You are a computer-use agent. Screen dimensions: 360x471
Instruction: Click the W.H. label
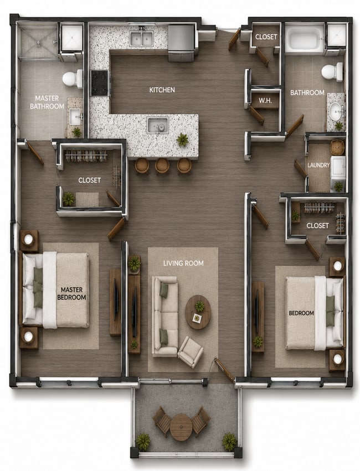click(x=265, y=101)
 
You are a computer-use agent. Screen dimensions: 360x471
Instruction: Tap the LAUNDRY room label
click(x=318, y=165)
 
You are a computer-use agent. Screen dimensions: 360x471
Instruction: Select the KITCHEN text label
click(x=162, y=90)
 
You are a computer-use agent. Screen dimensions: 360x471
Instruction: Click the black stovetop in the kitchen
click(x=100, y=83)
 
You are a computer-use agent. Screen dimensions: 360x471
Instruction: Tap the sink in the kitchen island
click(x=158, y=125)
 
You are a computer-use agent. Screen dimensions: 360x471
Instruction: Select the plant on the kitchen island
click(x=182, y=139)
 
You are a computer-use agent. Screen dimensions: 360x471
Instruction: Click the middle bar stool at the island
click(x=162, y=166)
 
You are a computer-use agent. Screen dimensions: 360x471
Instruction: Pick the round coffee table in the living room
click(x=197, y=312)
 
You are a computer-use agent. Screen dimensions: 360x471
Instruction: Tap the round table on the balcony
click(x=181, y=427)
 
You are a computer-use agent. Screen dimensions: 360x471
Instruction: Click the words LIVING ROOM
click(x=183, y=263)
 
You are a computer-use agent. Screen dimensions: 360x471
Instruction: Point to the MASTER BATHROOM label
click(x=47, y=102)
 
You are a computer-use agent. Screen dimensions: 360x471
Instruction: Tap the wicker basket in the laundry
click(x=338, y=147)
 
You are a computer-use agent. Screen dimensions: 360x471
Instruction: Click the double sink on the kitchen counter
click(x=142, y=38)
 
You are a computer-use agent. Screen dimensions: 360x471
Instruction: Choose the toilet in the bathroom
click(x=332, y=72)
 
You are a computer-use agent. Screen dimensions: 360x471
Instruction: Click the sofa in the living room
click(x=164, y=317)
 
